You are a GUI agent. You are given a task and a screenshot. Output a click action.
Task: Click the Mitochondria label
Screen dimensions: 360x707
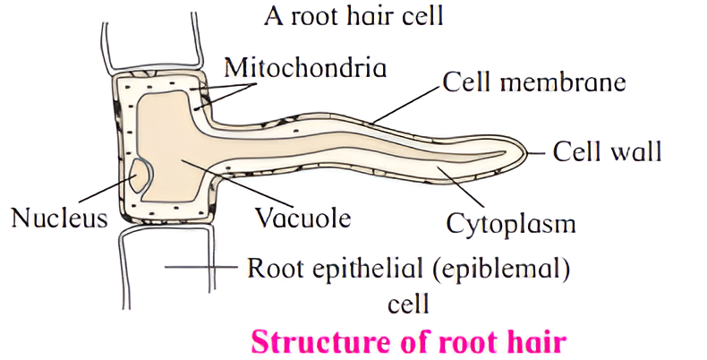point(306,67)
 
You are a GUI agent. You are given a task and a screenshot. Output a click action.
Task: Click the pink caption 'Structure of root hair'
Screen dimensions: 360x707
point(410,340)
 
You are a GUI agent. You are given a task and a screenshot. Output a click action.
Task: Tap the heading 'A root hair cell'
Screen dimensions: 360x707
point(354,15)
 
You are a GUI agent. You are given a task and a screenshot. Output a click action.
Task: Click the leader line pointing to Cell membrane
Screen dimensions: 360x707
point(406,105)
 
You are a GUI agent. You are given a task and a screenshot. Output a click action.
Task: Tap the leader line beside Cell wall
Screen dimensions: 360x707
point(538,153)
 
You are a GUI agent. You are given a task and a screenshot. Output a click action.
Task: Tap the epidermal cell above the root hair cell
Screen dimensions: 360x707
point(152,40)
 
